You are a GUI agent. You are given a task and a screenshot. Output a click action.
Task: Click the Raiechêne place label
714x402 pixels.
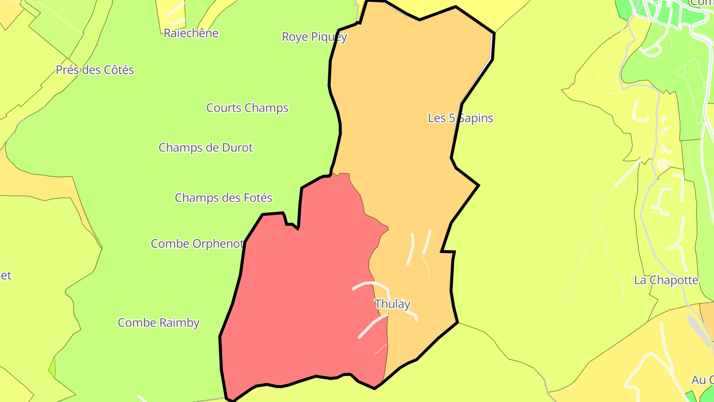[191, 33]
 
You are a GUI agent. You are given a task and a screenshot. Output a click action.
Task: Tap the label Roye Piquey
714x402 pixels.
[314, 37]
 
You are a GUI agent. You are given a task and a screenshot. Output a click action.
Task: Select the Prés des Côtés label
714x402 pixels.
[95, 70]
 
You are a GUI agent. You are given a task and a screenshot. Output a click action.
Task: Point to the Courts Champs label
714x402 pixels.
[247, 108]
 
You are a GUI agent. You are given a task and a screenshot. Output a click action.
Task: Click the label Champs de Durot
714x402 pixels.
[205, 147]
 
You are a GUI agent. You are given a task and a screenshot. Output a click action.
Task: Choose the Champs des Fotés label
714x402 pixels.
[223, 198]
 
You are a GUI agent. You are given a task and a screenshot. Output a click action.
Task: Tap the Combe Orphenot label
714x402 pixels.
[197, 244]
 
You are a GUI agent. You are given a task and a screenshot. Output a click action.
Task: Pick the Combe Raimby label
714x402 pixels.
[158, 323]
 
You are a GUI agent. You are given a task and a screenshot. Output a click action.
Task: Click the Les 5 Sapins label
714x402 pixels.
[460, 118]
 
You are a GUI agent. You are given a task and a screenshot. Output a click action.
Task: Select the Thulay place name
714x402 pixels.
[392, 304]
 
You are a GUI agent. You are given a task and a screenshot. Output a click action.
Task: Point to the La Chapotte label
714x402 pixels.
[666, 280]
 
